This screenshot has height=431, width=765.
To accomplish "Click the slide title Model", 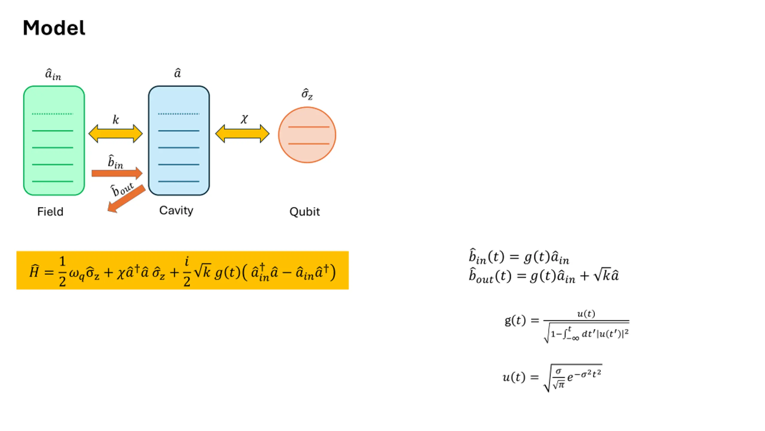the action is click(x=54, y=28).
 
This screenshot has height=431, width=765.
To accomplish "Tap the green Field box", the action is click(x=54, y=140).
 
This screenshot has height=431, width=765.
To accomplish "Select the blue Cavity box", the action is click(x=179, y=140).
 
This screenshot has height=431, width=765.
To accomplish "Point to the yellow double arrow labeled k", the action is click(x=115, y=133).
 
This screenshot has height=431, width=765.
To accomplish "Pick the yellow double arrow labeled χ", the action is click(x=242, y=133).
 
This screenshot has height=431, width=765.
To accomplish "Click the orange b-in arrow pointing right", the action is click(x=117, y=173).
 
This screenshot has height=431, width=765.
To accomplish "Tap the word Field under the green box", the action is click(x=50, y=212).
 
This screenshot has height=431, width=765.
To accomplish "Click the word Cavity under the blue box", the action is click(x=176, y=211).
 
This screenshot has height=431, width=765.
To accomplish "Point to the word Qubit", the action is click(x=305, y=212).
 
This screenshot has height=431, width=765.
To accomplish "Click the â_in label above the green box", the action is click(x=53, y=74).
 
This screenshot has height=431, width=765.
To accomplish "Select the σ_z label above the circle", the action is click(x=307, y=94).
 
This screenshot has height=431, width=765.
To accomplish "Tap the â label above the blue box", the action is click(x=178, y=73).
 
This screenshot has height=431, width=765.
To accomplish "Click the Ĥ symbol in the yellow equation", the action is click(x=34, y=271).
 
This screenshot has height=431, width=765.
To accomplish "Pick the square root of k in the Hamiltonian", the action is click(x=203, y=270).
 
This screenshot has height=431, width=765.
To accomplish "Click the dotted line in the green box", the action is click(x=53, y=114).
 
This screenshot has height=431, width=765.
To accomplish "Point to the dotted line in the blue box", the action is click(x=179, y=114).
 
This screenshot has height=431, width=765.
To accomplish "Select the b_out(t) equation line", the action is click(x=544, y=276).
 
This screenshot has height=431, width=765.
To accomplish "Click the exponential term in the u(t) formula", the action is click(x=585, y=376).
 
